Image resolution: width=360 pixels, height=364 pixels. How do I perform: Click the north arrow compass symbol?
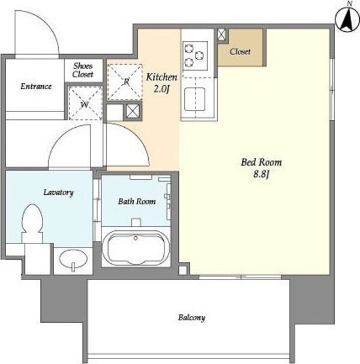tap(347, 20)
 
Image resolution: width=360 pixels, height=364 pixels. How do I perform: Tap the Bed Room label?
tap(261, 163)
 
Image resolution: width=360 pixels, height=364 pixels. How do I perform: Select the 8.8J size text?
tap(261, 175)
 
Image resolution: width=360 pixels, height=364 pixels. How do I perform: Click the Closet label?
tap(240, 52)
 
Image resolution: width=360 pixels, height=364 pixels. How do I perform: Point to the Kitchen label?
tap(161, 77)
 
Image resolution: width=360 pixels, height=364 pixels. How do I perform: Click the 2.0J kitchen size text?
tap(161, 89)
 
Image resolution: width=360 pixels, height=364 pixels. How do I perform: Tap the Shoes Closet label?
tap(83, 70)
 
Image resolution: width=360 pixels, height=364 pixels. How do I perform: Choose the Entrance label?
tap(36, 86)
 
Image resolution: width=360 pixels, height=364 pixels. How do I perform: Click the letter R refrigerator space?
tap(125, 82)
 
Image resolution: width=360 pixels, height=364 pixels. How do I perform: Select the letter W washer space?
tap(85, 103)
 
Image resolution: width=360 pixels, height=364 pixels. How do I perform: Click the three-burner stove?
tap(195, 56)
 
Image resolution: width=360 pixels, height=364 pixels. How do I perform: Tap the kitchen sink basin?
tap(194, 100)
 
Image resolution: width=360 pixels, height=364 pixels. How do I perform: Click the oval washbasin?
tap(73, 259)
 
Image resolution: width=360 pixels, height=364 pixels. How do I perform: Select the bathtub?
tap(136, 248)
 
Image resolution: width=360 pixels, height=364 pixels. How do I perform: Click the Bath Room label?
tap(137, 201)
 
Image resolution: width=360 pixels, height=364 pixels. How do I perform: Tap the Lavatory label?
tap(59, 192)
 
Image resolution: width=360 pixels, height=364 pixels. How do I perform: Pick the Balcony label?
tap(191, 318)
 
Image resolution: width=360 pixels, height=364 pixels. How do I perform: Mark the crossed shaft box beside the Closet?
tap(222, 35)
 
